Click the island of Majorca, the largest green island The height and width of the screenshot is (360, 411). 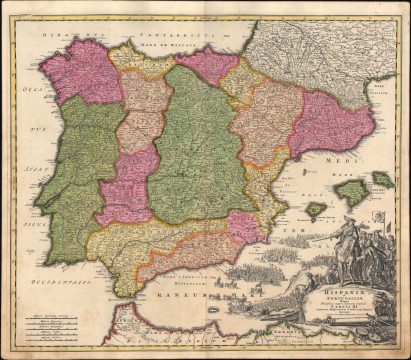pos(353,190)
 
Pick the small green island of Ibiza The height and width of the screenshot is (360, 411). pos(314,210)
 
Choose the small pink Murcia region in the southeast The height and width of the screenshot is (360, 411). pos(245,229)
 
